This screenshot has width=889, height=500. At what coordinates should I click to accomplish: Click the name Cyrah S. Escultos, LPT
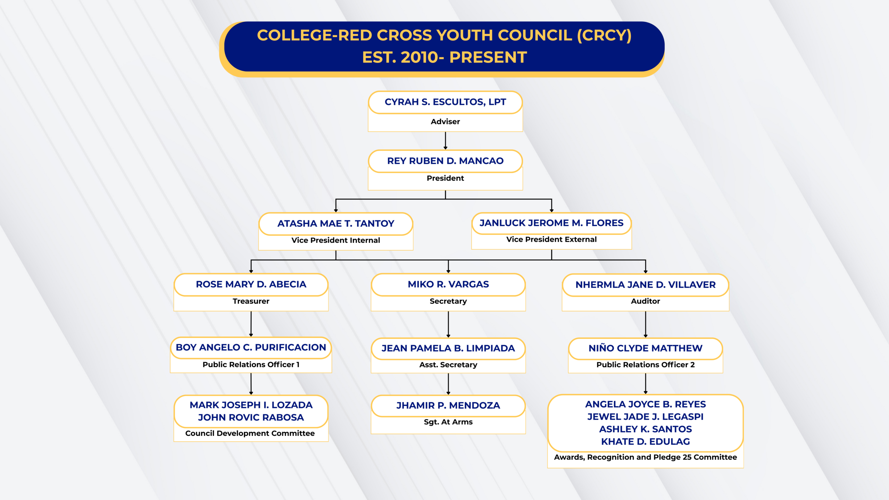[445, 102]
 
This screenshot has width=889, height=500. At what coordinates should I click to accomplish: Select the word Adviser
[445, 122]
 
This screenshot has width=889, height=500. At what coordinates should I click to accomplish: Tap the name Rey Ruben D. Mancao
[445, 161]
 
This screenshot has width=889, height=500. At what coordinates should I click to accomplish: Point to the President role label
[445, 178]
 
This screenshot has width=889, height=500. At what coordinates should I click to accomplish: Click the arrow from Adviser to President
[445, 141]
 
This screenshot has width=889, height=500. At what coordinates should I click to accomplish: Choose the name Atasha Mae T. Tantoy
[335, 224]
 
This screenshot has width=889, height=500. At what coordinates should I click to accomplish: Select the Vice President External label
[551, 239]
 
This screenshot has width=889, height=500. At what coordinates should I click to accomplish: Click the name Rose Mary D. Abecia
[251, 284]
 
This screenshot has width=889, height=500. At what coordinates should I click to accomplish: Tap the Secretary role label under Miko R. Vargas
[448, 301]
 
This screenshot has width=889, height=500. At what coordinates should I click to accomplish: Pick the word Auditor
[645, 301]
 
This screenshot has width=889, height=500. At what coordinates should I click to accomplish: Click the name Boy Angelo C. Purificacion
[251, 347]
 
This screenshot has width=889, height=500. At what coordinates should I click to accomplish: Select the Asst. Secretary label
[448, 365]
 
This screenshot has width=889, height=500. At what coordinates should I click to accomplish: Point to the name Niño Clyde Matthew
[645, 348]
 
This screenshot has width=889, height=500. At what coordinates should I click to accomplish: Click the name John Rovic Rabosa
[251, 417]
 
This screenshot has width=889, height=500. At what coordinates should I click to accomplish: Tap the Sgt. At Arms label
[448, 422]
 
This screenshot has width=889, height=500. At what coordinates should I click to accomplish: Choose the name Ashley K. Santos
[645, 429]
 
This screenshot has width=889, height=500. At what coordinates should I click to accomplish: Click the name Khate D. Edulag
[645, 442]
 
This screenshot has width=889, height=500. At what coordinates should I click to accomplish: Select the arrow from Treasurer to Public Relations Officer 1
[251, 324]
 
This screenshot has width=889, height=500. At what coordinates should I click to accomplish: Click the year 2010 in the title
[419, 57]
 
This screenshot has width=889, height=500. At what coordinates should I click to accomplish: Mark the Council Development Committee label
[250, 433]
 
